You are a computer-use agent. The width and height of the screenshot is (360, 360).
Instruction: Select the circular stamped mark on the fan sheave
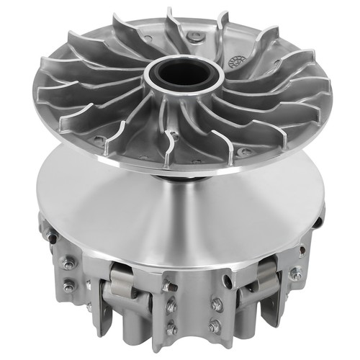[233, 61]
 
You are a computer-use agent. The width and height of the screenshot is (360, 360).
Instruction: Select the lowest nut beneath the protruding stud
[171, 328]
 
